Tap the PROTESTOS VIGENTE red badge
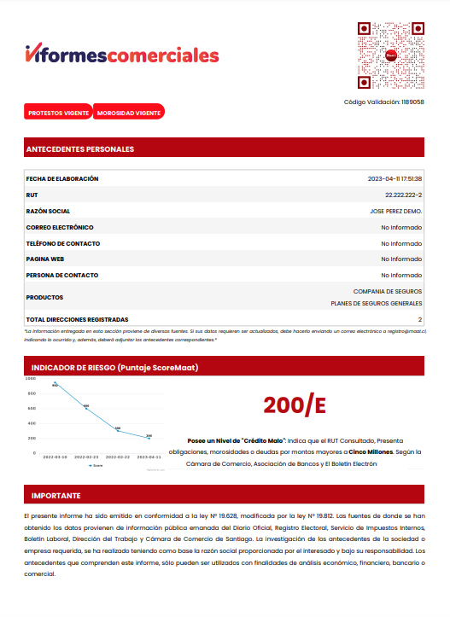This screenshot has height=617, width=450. pyautogui.click(x=59, y=113)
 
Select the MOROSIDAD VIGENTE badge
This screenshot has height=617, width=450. pyautogui.click(x=129, y=113)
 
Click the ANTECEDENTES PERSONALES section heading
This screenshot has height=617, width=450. pyautogui.click(x=80, y=149)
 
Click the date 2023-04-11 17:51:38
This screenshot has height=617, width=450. pyautogui.click(x=394, y=179)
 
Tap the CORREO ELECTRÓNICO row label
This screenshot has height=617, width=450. pyautogui.click(x=60, y=227)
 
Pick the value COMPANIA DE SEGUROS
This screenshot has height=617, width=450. pyautogui.click(x=388, y=291)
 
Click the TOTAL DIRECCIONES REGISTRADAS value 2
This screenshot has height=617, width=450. pyautogui.click(x=420, y=318)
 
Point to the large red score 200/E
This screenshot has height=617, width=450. pyautogui.click(x=295, y=405)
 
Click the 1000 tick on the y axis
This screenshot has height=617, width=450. pyautogui.click(x=31, y=378)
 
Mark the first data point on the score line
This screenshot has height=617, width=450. pyautogui.click(x=55, y=382)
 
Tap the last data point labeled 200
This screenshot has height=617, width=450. pyautogui.click(x=149, y=438)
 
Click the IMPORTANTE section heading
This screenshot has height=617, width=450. pyautogui.click(x=56, y=495)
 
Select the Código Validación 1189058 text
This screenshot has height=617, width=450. pyautogui.click(x=383, y=102)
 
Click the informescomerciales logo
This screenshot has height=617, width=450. pyautogui.click(x=122, y=55)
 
